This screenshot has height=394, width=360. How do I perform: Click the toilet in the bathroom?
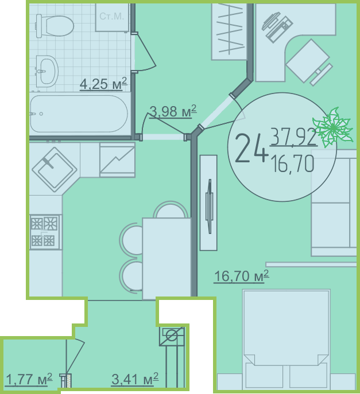point(55,26)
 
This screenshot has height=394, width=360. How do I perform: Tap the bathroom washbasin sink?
point(47,71)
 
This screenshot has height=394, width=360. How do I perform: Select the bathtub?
point(79,114)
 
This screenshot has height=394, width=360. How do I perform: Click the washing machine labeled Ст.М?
point(112,17)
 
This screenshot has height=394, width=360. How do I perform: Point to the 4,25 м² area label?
point(103,84)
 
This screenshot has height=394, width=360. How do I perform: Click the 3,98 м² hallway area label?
point(173,111)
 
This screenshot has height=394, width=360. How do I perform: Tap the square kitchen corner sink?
point(55,170)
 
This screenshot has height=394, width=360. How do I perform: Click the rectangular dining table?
point(167,259)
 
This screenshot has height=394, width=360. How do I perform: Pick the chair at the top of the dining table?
point(171,209)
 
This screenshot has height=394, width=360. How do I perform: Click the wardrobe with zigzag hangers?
point(229,32)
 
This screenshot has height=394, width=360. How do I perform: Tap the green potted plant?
point(332,127)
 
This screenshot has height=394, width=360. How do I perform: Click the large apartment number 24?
point(250,149)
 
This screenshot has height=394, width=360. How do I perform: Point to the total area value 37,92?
point(293,136)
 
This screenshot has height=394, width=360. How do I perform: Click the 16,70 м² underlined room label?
point(242,276)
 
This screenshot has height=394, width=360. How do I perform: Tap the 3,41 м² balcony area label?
point(135,379)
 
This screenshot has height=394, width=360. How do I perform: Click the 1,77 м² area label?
point(29,380)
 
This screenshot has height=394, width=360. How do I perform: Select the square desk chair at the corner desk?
point(308,61)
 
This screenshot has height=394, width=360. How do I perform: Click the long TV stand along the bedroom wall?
point(208,203)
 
